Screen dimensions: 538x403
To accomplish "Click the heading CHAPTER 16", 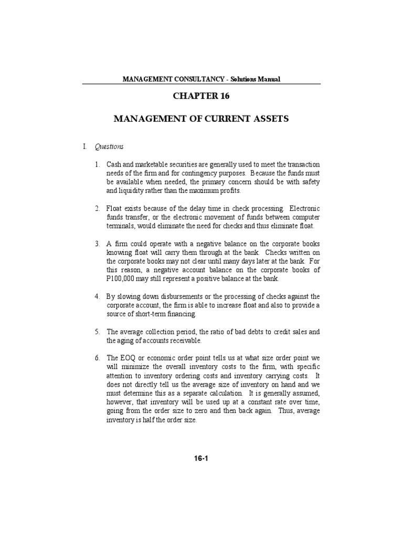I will [x=201, y=97].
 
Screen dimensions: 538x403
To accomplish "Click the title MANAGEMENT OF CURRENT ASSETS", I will [x=201, y=119].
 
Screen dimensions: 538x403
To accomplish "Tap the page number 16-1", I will [x=201, y=458].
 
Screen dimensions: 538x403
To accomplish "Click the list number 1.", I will [x=98, y=164].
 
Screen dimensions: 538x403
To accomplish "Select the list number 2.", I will [x=98, y=209].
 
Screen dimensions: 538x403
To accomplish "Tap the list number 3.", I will [x=98, y=244].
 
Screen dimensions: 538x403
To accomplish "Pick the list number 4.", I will [x=98, y=297].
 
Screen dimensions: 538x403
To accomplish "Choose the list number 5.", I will [x=98, y=332].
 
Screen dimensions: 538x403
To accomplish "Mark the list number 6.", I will [x=98, y=358].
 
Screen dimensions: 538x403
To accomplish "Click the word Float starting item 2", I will [x=114, y=209].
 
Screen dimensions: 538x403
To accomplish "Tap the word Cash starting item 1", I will [x=114, y=164].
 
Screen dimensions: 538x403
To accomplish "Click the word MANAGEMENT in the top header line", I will [x=146, y=79].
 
